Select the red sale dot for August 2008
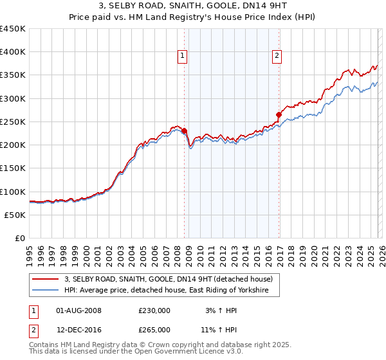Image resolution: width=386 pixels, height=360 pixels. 184,131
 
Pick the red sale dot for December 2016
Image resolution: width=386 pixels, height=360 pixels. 279,115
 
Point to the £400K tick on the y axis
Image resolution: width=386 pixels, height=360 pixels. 13,52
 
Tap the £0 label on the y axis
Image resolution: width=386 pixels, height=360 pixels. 20,239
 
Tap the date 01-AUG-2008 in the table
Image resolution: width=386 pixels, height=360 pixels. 79,310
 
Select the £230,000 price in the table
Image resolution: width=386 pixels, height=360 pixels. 154,310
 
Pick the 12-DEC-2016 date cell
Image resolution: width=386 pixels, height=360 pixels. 79,329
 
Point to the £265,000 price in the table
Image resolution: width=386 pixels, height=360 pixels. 154,329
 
